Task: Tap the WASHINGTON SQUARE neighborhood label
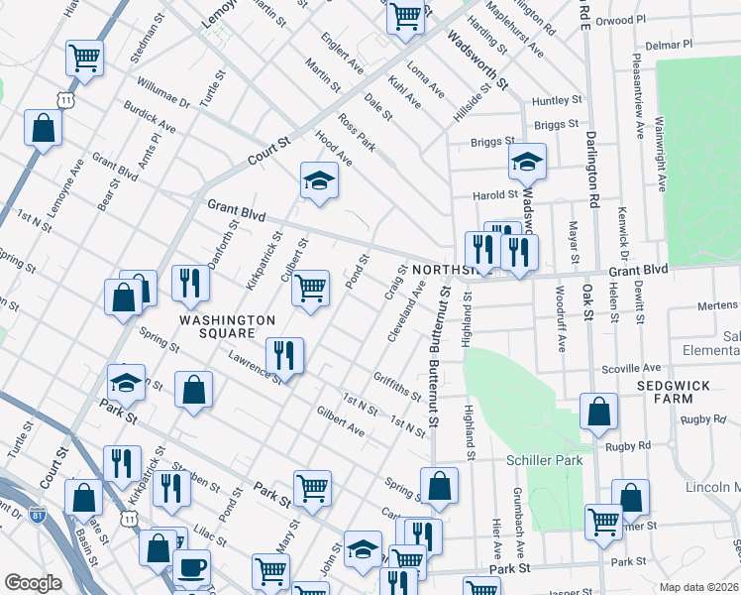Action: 227,327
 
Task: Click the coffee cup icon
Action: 191,569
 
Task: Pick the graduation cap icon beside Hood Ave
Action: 319,180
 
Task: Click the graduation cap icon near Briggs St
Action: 527,160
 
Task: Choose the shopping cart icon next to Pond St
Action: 311,288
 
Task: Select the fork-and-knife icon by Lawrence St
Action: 284,354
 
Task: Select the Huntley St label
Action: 556,100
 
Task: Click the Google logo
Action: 33,582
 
